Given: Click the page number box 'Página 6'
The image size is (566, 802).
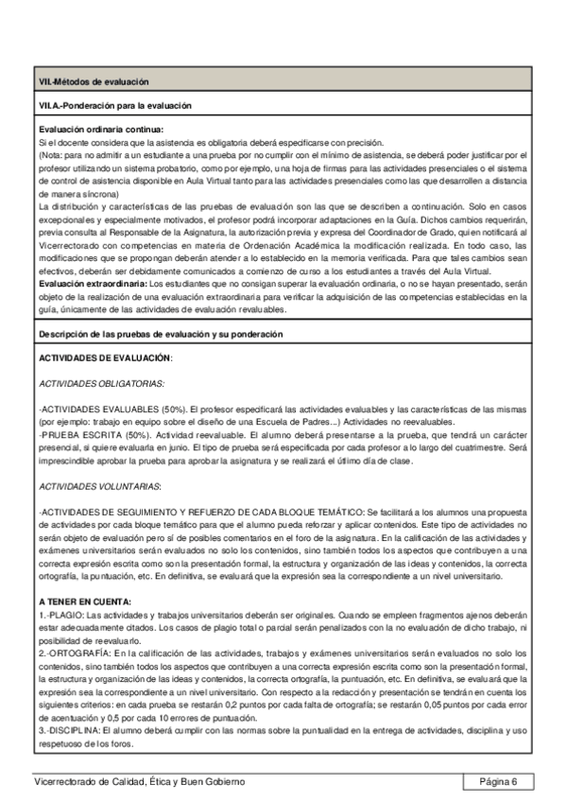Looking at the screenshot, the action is tap(498, 781).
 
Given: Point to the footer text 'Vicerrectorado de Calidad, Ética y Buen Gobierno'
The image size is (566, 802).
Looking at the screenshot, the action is tap(139, 781).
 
